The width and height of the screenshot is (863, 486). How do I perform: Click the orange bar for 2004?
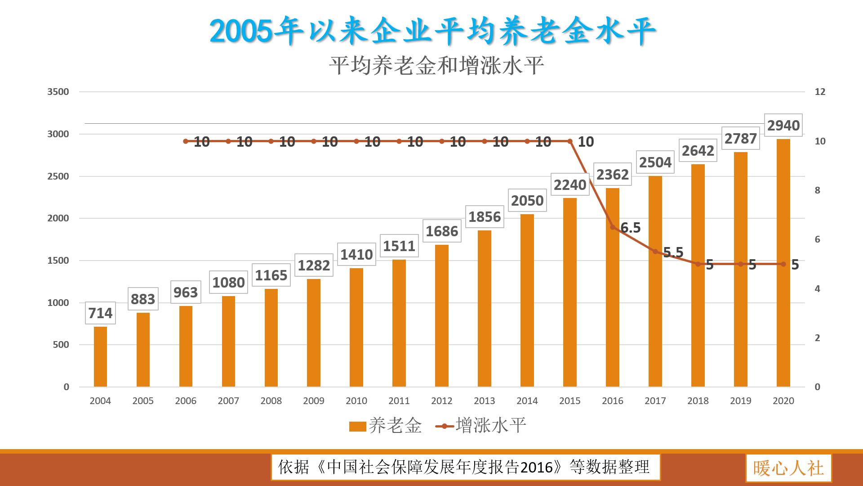pos(100,356)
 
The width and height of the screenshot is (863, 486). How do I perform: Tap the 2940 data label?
pos(783,125)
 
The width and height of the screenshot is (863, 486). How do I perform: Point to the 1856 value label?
pos(485,217)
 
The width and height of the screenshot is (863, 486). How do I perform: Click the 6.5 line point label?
pos(630,228)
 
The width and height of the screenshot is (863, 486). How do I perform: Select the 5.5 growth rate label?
pos(673,252)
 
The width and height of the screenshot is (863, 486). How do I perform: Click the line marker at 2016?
pos(613,227)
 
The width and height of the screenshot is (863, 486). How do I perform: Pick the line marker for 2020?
pos(783,264)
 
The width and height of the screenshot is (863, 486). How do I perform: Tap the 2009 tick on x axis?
pos(314,400)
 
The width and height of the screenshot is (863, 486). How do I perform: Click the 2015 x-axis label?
pos(570,400)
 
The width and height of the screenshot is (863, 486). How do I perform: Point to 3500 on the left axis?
pos(58,92)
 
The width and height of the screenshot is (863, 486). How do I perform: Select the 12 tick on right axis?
pos(820,92)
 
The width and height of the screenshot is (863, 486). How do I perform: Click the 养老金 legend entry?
pos(386,425)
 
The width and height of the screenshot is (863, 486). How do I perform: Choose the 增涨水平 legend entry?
pos(481,425)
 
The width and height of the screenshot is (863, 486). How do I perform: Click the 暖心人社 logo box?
pos(788,468)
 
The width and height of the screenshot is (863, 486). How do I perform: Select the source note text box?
pos(465,467)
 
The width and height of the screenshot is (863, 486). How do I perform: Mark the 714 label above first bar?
pos(100,313)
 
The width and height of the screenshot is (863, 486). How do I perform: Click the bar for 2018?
pos(698,275)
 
